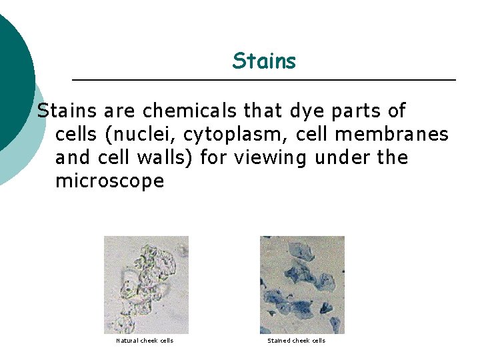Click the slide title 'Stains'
(264, 61)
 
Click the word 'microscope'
(109, 181)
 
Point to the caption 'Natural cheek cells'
(145, 341)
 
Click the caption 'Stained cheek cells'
(296, 341)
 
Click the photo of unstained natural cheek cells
(146, 285)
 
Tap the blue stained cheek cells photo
(302, 285)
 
